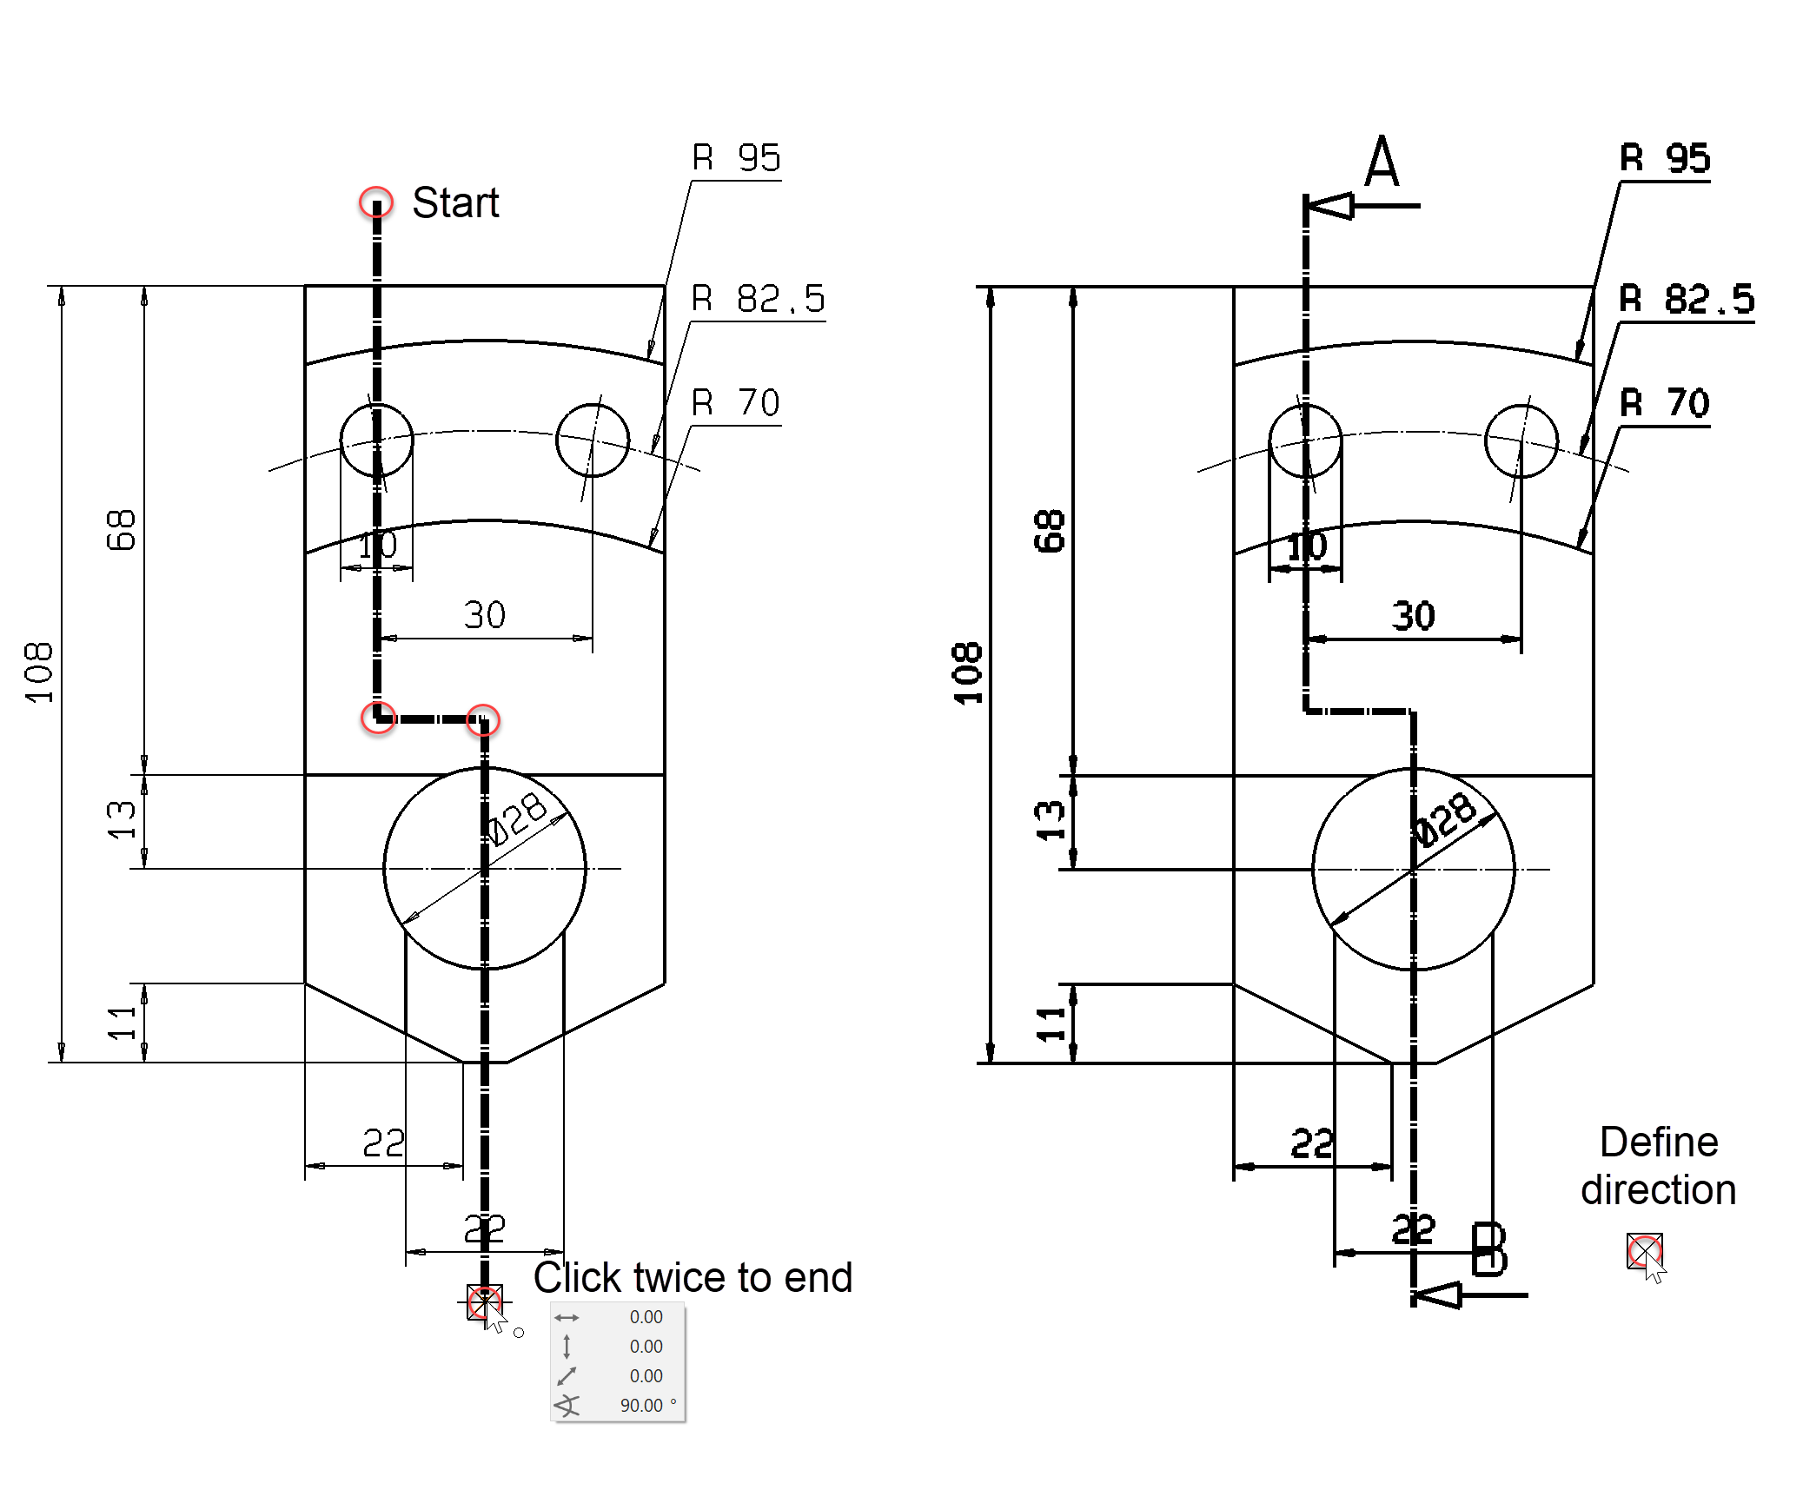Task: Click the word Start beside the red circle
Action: click(x=454, y=202)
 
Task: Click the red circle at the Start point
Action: click(x=376, y=202)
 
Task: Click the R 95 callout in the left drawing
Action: click(x=735, y=158)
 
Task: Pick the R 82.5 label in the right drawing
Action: click(x=1686, y=299)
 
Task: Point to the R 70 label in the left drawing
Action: click(x=735, y=403)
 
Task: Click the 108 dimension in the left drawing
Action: click(x=39, y=673)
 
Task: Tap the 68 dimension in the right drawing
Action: click(x=1049, y=531)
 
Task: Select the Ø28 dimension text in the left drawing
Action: click(x=518, y=818)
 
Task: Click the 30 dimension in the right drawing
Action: click(x=1413, y=616)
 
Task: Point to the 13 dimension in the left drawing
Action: click(x=122, y=820)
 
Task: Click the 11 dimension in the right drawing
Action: click(x=1051, y=1023)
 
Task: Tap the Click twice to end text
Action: click(x=693, y=1278)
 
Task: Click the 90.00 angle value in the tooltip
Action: click(x=641, y=1405)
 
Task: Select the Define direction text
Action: click(x=1658, y=1166)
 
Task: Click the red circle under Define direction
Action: click(x=1644, y=1251)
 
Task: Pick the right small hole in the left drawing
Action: click(x=593, y=440)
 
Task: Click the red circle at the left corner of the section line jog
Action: click(x=378, y=718)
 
